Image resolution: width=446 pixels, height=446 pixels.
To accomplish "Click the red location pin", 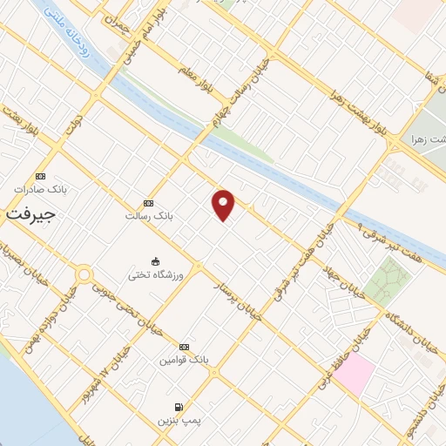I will pyautogui.click(x=224, y=205).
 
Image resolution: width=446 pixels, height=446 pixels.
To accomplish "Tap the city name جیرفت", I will pyautogui.click(x=30, y=213).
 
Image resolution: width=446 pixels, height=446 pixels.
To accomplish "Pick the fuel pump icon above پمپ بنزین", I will pyautogui.click(x=179, y=407).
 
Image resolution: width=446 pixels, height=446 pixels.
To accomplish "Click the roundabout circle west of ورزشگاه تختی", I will pyautogui.click(x=84, y=275).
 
